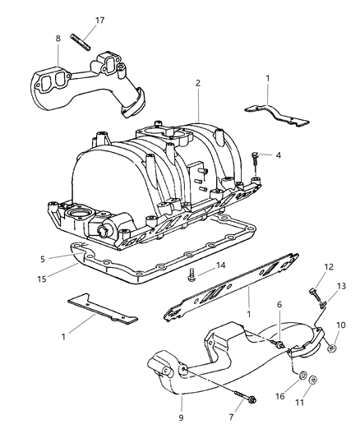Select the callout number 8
(58, 38)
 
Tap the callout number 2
(197, 84)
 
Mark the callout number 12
(306, 289)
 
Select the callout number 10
(341, 325)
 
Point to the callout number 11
(312, 403)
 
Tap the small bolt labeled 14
(191, 274)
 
